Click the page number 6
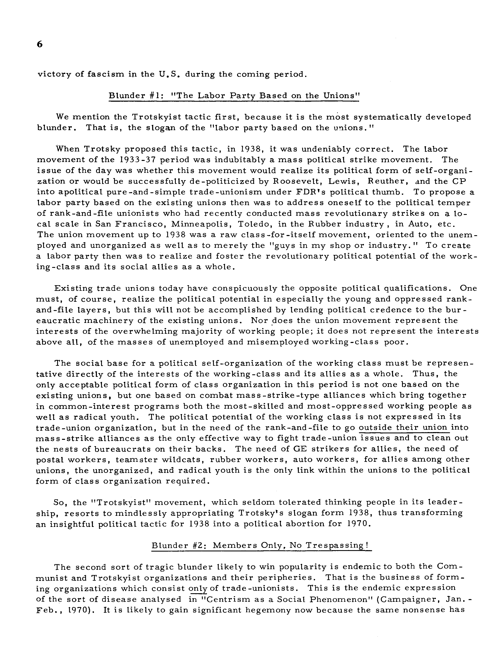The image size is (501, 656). coord(40,44)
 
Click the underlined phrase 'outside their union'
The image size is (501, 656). coord(403,427)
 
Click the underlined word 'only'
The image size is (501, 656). coord(198,588)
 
